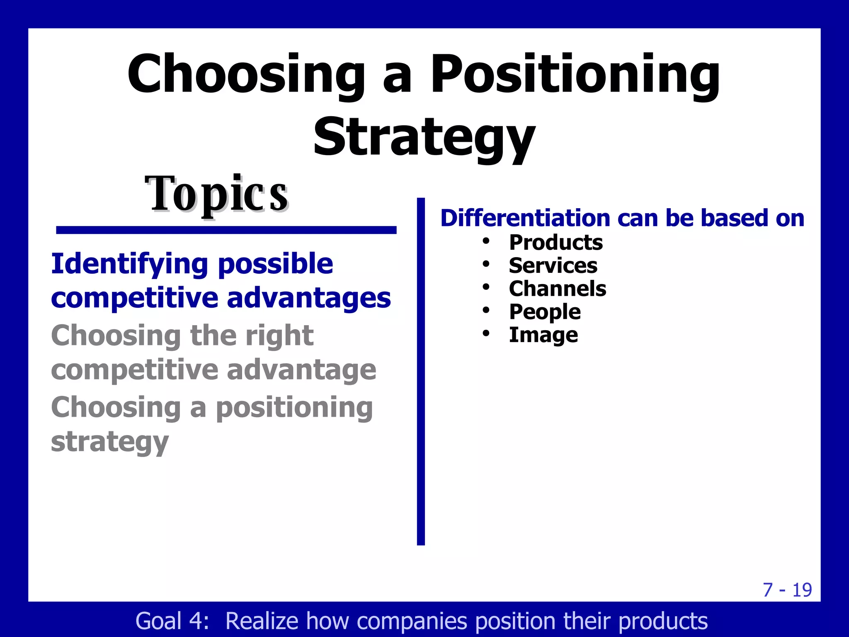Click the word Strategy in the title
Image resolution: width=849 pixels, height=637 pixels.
(424, 137)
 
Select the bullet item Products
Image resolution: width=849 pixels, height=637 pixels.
(555, 243)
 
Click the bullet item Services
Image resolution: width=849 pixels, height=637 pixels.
(553, 266)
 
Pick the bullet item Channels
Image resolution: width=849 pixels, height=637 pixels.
(557, 289)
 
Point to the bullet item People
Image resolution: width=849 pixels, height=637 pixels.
(545, 312)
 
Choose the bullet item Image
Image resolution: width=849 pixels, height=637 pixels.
(543, 335)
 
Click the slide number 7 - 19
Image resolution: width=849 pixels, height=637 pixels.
(787, 590)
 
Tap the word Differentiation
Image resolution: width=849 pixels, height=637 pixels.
(525, 218)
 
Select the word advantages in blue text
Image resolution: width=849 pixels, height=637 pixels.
(309, 298)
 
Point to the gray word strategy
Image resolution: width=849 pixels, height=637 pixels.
(110, 442)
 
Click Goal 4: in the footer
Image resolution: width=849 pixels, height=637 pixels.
(172, 621)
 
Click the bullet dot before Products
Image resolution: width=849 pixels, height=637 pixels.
(486, 241)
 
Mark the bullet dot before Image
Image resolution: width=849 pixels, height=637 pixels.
(486, 333)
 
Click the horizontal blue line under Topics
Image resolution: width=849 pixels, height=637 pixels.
(226, 230)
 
